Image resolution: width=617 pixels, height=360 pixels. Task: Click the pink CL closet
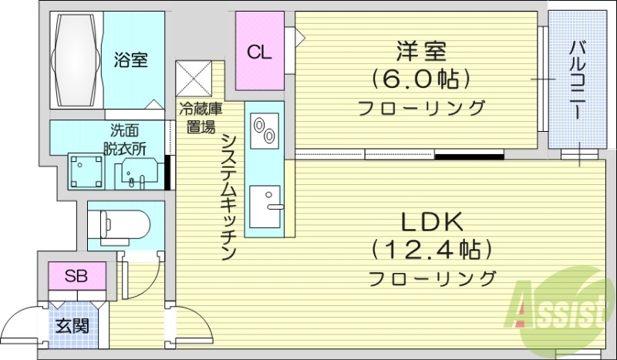pos(259,52)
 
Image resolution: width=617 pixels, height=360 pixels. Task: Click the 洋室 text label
pos(420,53)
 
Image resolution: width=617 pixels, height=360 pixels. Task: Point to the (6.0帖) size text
pos(420,79)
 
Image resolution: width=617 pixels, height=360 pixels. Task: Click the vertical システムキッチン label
pos(228,197)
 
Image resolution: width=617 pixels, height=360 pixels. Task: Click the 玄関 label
pos(72,325)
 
